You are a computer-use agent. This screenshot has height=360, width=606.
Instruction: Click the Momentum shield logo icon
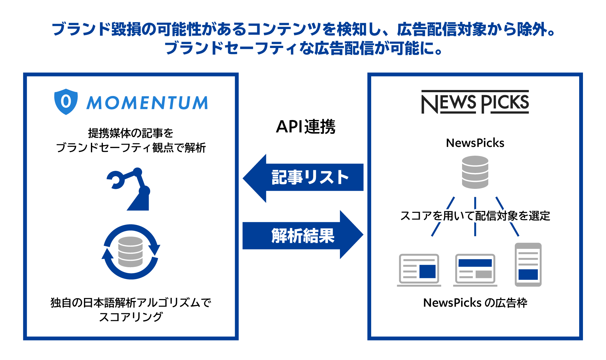tap(66, 102)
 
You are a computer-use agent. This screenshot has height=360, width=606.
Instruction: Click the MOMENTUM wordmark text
tap(147, 103)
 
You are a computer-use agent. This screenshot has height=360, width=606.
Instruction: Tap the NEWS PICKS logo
tap(475, 102)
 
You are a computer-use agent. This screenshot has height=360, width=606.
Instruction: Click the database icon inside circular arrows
tap(131, 252)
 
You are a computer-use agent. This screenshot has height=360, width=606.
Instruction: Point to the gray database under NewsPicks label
tap(475, 172)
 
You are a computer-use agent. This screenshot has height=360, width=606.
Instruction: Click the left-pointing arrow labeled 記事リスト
tap(303, 177)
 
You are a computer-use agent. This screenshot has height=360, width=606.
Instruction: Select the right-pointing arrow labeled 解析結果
tap(303, 235)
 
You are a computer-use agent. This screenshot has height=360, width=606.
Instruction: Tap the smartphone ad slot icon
tap(528, 265)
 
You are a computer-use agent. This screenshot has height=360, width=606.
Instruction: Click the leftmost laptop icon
tap(419, 270)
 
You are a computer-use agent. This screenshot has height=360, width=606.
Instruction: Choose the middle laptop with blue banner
tap(475, 270)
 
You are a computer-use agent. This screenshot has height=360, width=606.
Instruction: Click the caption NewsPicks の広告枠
tap(475, 303)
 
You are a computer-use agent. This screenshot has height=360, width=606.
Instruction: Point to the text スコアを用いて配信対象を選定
tap(475, 216)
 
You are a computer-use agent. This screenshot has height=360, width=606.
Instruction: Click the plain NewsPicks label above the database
tap(475, 143)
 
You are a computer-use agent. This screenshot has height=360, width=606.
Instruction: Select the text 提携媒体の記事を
tap(131, 133)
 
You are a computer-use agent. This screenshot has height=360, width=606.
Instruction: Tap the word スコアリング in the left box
tap(131, 317)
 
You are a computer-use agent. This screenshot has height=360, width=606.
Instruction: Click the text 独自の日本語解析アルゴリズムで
tap(131, 303)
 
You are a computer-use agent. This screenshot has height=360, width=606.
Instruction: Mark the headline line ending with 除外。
tap(303, 29)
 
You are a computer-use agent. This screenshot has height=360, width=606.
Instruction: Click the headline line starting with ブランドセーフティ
tap(303, 48)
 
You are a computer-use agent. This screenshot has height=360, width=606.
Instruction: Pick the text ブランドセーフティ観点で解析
tap(131, 147)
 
